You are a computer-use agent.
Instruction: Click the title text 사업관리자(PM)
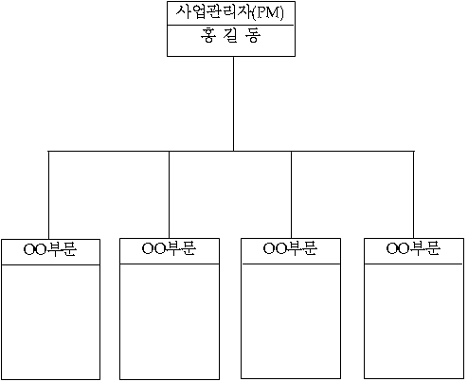click(230, 12)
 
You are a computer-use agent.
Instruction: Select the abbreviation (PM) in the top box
click(268, 13)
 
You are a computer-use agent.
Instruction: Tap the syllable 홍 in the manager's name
click(208, 35)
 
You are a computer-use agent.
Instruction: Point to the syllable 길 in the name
click(230, 35)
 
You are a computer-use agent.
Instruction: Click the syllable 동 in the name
click(253, 35)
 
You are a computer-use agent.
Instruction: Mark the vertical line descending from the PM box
click(233, 103)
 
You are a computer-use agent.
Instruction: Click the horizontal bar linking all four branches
click(231, 151)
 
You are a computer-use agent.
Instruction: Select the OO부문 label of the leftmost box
click(50, 249)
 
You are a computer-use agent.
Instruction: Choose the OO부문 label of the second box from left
click(169, 248)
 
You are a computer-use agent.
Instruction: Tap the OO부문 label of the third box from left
click(290, 248)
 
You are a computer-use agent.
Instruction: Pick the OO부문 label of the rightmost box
click(413, 248)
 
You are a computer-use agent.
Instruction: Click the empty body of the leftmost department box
click(50, 321)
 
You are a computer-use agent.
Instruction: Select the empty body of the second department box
click(170, 321)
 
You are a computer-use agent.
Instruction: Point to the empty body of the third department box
click(291, 320)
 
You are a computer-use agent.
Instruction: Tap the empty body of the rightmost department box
click(414, 320)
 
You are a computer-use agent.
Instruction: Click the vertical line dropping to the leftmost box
click(48, 195)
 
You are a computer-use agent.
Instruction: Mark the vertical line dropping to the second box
click(169, 194)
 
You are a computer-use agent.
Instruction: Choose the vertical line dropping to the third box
click(291, 194)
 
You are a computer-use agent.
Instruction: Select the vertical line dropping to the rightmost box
click(414, 194)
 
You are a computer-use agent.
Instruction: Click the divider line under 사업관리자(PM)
click(231, 25)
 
